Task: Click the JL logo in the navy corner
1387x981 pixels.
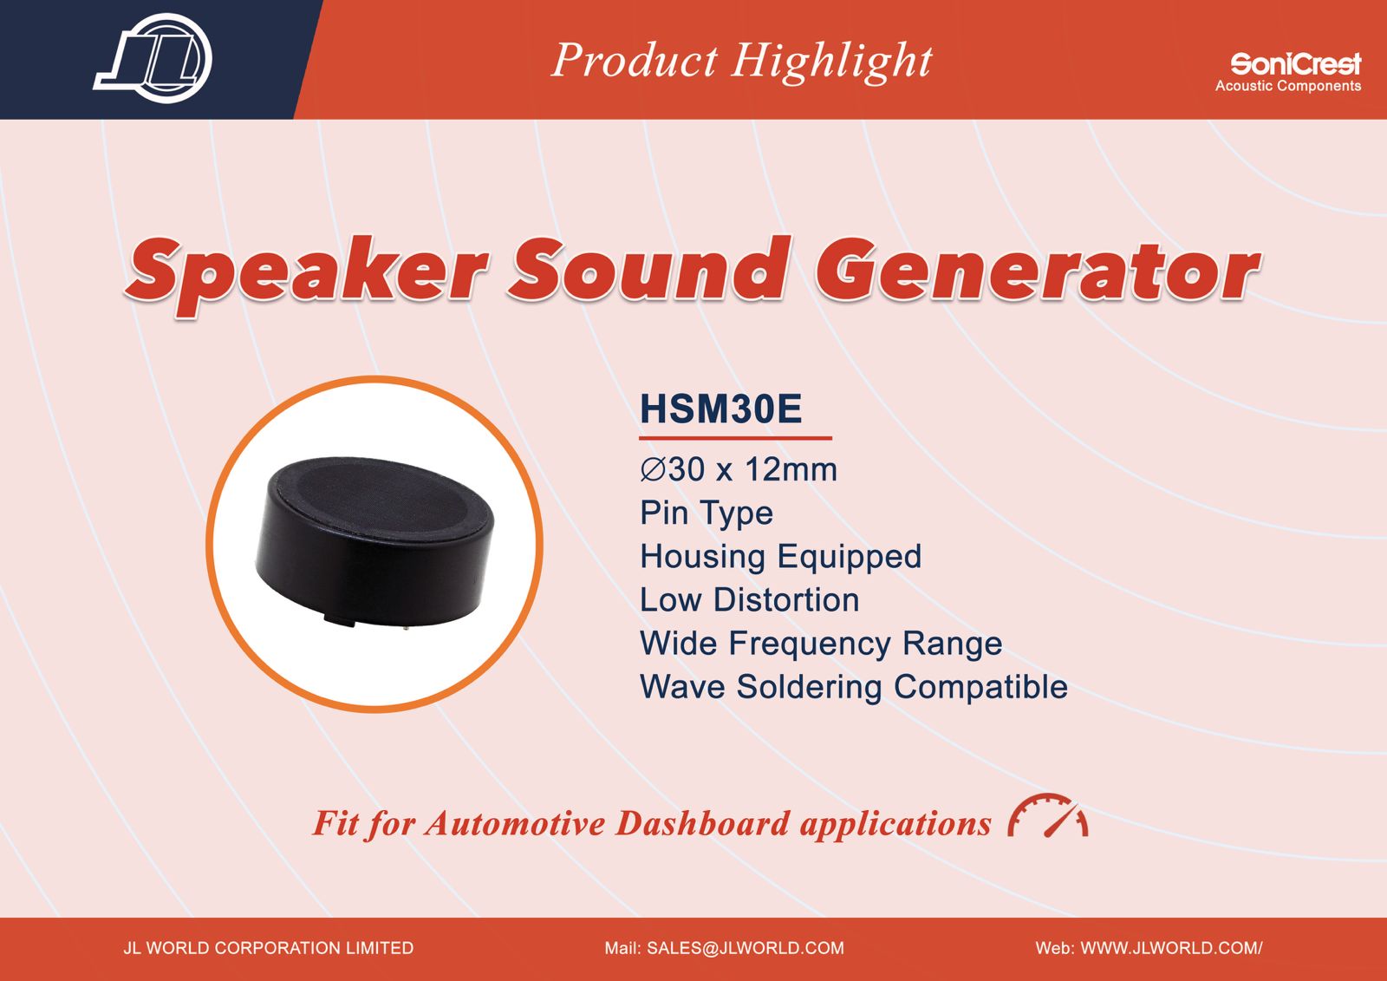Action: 153,58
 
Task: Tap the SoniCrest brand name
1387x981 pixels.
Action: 1295,63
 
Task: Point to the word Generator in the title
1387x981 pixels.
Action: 1037,270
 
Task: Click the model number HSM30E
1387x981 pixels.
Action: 720,409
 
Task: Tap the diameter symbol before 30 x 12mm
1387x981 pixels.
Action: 653,470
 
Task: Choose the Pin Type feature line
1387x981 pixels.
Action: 707,513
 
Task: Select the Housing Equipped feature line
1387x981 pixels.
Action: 781,557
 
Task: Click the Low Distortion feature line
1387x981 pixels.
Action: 749,600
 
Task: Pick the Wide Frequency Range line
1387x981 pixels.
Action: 821,644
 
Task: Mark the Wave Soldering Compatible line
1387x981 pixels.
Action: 854,687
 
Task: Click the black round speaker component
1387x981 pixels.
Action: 375,541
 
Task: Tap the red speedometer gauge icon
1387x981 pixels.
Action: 1048,815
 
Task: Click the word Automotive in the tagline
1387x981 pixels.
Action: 515,824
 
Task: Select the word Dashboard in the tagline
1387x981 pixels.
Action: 703,824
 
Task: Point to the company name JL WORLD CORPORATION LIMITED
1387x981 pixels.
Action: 268,948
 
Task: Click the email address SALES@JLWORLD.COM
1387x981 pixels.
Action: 746,948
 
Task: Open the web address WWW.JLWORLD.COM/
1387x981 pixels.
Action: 1171,948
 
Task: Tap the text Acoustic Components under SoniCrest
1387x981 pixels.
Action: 1288,86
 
